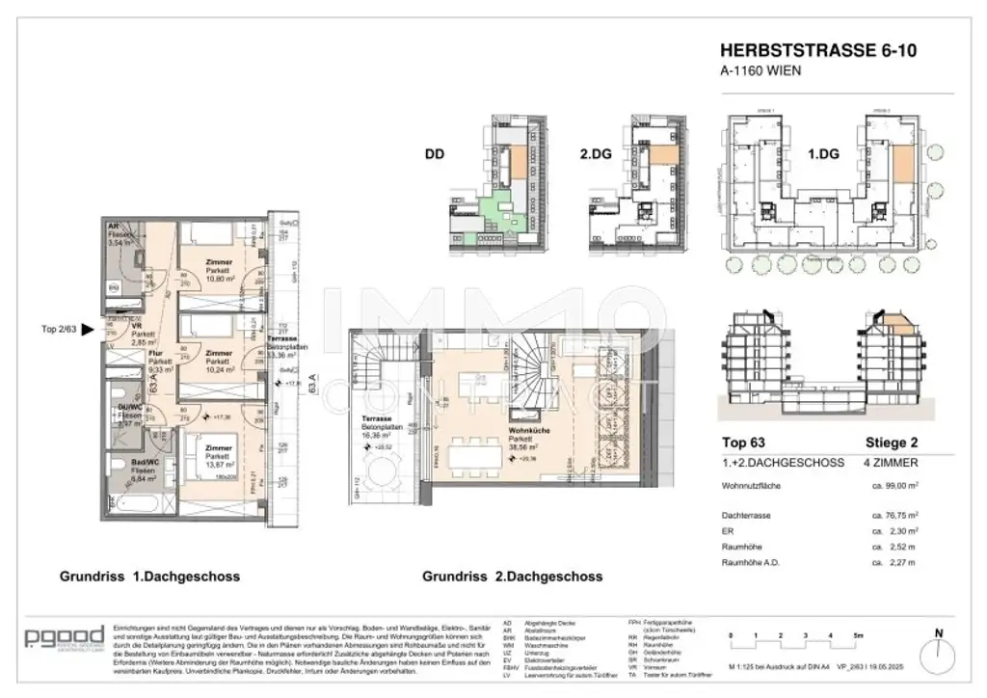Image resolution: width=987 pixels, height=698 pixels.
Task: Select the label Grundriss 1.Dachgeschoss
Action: click(x=149, y=577)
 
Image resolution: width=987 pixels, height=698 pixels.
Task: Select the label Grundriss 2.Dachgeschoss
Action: click(x=512, y=577)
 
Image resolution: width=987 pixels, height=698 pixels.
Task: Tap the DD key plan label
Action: click(x=436, y=152)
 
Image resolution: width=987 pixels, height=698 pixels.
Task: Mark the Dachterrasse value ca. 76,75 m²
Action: click(x=900, y=515)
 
